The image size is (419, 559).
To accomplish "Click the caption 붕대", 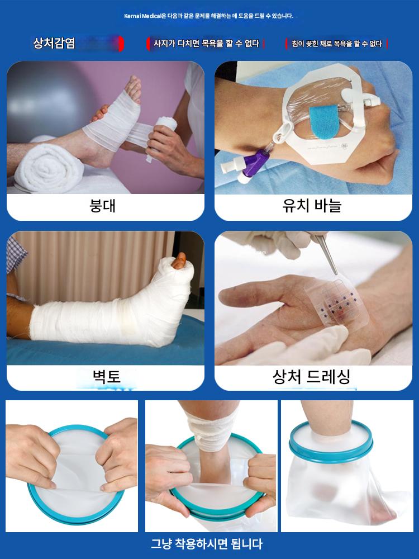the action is coord(102,206).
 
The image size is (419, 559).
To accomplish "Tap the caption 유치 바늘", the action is coord(312,205).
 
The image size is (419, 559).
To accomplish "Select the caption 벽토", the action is coord(106,376).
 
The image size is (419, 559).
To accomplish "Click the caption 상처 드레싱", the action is coord(311,376).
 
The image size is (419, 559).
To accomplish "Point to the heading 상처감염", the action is coord(54,43).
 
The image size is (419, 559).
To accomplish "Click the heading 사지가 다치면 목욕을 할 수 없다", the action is coord(206,44).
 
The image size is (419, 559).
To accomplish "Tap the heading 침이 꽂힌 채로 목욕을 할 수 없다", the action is coord(337,44).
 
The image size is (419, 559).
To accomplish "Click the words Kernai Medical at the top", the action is coord(142,16).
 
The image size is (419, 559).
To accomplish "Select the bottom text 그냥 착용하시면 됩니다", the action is coord(207,544).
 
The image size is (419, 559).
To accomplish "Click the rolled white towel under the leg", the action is coord(48,168).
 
